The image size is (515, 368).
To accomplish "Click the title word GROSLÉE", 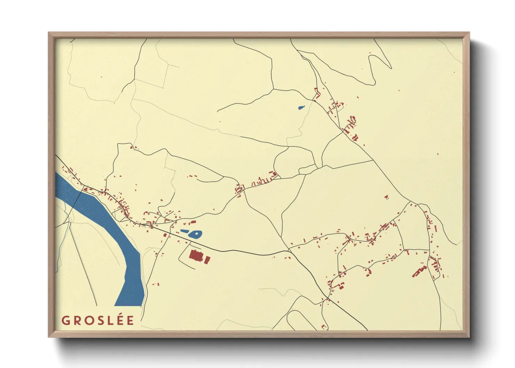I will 98,320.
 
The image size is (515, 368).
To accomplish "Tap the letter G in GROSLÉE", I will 66,320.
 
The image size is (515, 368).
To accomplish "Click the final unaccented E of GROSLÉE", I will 130,320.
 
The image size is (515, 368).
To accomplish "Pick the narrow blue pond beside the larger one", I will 185,231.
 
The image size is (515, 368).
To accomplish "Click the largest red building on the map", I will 196,256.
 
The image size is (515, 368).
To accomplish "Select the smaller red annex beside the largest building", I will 207,260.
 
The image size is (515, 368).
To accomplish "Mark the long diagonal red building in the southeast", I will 419,271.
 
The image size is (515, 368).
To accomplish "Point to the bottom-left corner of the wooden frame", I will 49,336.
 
